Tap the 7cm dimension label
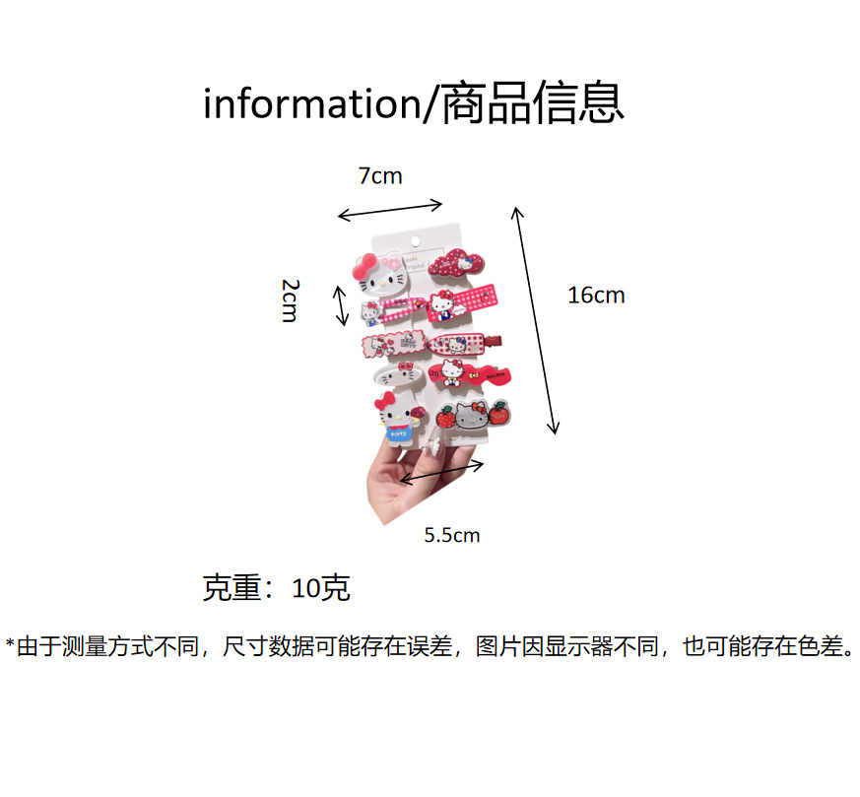click(379, 176)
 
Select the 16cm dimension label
click(596, 295)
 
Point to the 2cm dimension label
click(289, 299)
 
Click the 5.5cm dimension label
click(452, 536)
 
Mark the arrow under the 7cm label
click(390, 210)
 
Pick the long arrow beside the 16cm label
click(535, 320)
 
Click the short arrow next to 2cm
click(341, 305)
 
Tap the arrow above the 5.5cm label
click(441, 472)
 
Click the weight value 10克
click(321, 589)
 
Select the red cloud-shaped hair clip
click(456, 265)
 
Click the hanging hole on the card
click(415, 241)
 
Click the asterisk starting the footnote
click(10, 645)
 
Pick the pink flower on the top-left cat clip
click(393, 263)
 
